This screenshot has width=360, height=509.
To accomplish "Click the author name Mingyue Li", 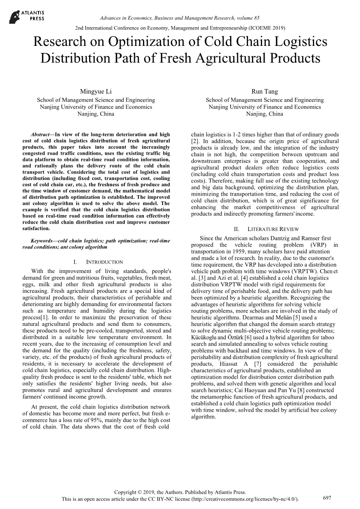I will coord(96,91).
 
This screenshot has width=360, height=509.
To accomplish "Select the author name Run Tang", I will coord(264,91).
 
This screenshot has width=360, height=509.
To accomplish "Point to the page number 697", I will coord(327,497).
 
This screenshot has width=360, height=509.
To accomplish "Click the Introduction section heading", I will coord(101,262).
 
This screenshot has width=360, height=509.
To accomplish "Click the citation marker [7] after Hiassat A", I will coord(257,364).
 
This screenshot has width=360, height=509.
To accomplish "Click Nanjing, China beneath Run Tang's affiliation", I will coord(264,114).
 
